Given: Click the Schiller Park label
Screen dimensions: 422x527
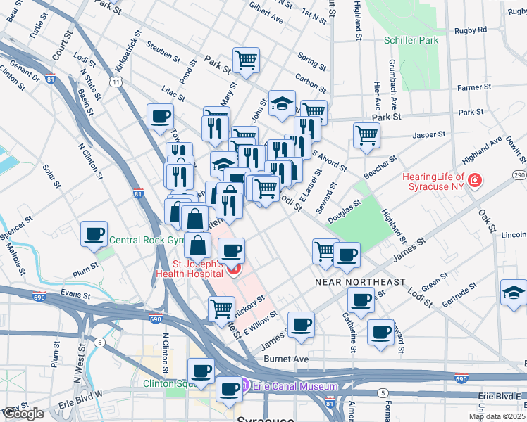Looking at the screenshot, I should tap(411, 40).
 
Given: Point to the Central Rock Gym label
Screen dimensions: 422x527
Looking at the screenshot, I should tap(146, 241).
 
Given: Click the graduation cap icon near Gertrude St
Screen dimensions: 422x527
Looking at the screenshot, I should tap(513, 292).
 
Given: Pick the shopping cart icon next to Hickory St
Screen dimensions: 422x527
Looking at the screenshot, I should tap(221, 308).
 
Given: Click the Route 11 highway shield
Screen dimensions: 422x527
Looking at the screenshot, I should tap(114, 82).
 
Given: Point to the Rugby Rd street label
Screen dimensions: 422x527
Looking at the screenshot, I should tap(471, 30).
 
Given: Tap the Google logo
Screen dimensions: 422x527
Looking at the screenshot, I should tap(23, 413).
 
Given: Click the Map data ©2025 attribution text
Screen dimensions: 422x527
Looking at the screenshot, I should tap(496, 416).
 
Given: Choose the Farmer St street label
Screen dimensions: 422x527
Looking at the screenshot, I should tap(473, 88).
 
